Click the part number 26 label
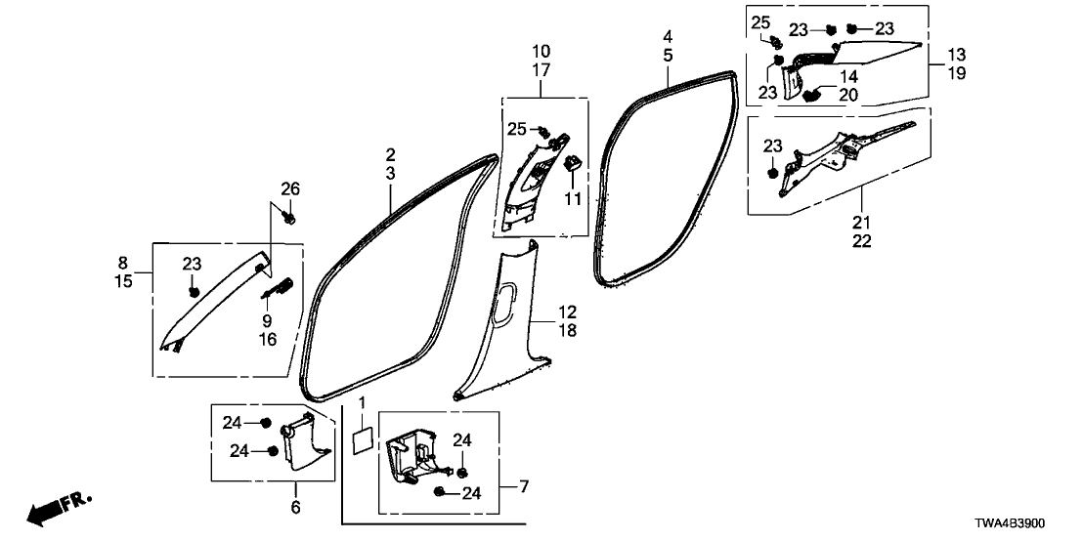(291, 188)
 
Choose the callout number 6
(295, 508)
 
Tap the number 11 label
(573, 198)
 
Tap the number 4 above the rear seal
(667, 37)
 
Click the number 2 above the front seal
(390, 154)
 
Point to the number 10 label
(541, 51)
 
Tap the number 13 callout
(956, 53)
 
